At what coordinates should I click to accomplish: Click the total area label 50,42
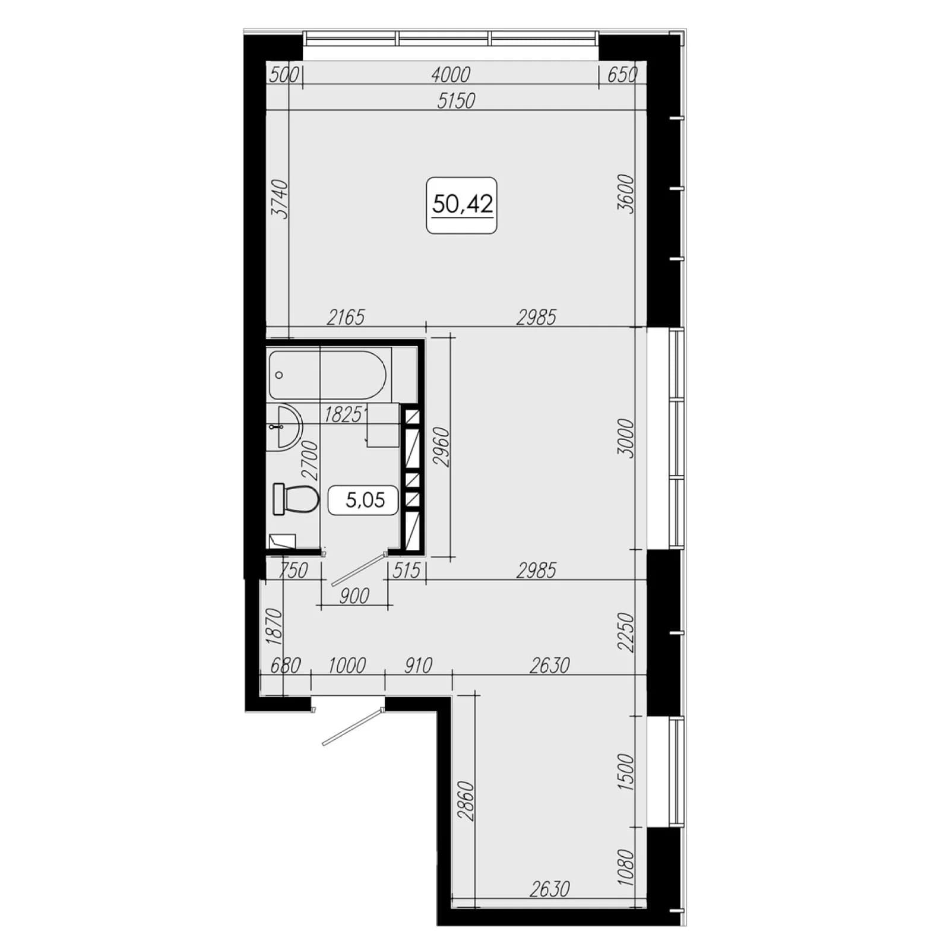(x=463, y=204)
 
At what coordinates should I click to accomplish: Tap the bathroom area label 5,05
(x=365, y=500)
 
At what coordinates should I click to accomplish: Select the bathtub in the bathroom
(x=328, y=375)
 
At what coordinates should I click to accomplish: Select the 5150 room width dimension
(x=456, y=101)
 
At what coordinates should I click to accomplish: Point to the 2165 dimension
(x=346, y=317)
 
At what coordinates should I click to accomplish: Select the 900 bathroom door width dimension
(x=354, y=596)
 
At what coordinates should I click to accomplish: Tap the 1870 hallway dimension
(x=274, y=626)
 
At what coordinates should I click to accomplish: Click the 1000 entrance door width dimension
(x=347, y=665)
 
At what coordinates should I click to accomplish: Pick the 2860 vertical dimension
(x=466, y=801)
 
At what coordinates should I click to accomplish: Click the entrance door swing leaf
(x=351, y=726)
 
